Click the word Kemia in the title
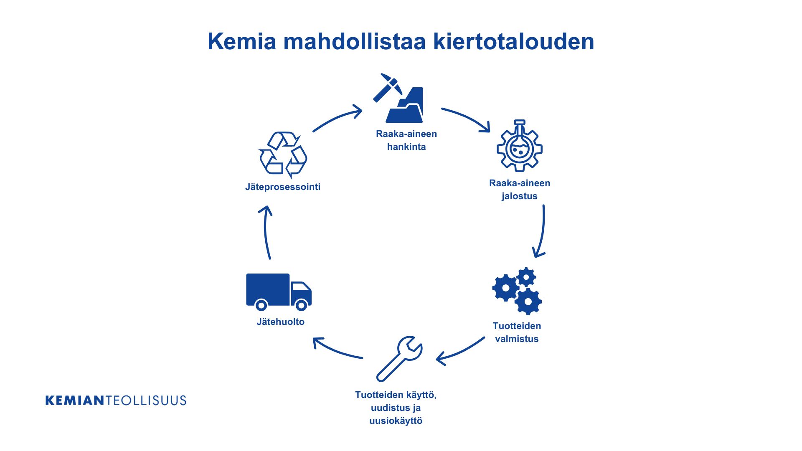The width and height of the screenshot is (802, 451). [x=242, y=41]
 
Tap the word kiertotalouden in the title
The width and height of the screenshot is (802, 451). [x=513, y=41]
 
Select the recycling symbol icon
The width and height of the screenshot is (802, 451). [x=283, y=155]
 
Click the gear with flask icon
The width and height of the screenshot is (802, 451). [x=519, y=146]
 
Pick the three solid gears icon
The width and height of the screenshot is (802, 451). [x=517, y=291]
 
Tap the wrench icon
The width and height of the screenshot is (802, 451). [x=399, y=359]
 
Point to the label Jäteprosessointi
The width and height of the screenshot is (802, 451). [x=283, y=187]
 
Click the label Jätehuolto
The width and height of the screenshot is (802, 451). [x=281, y=322]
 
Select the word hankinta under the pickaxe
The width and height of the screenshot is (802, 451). [x=406, y=147]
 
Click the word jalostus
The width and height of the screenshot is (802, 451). [x=520, y=196]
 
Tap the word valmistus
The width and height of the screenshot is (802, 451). [x=517, y=339]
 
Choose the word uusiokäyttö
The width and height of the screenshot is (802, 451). [x=396, y=421]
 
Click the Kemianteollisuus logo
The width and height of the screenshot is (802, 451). [x=116, y=400]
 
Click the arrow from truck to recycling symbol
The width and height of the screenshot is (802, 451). [x=265, y=232]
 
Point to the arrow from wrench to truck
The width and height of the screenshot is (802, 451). [x=336, y=350]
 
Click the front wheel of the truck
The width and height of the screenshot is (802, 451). [x=302, y=305]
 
